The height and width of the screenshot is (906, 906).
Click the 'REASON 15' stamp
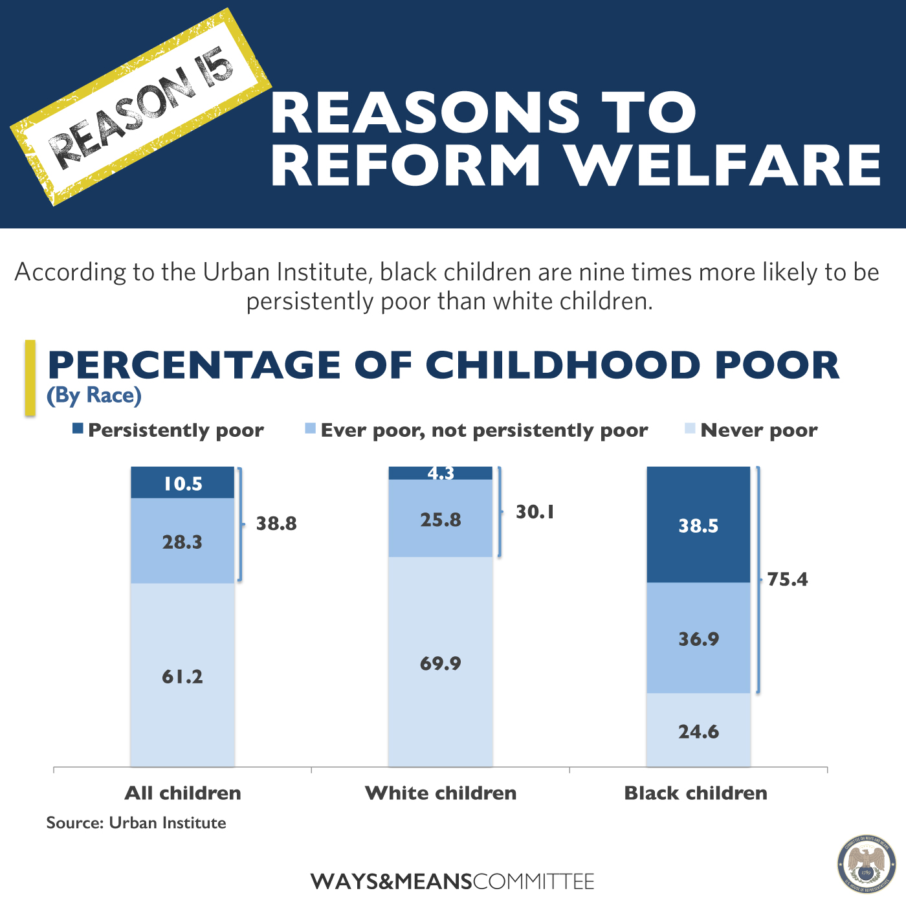pyautogui.click(x=141, y=107)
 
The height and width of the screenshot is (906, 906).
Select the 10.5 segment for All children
pyautogui.click(x=182, y=483)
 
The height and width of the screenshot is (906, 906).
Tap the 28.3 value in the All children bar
pyautogui.click(x=182, y=542)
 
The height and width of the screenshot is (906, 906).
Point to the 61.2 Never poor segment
pyautogui.click(x=182, y=676)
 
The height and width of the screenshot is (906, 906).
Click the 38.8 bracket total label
pyautogui.click(x=276, y=523)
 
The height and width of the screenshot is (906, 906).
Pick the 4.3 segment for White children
pyautogui.click(x=441, y=473)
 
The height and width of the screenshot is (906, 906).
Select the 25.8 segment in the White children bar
pyautogui.click(x=441, y=519)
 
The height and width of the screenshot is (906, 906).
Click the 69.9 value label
pyautogui.click(x=441, y=663)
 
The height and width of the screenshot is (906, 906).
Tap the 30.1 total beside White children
pyautogui.click(x=535, y=512)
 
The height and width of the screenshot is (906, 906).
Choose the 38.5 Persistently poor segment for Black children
pyautogui.click(x=698, y=525)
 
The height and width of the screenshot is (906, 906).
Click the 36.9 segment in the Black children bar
pyautogui.click(x=698, y=639)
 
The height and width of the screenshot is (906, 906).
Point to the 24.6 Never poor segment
pyautogui.click(x=698, y=731)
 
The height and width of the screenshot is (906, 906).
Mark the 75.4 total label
pyautogui.click(x=787, y=579)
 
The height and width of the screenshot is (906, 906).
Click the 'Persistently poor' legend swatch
pyautogui.click(x=78, y=428)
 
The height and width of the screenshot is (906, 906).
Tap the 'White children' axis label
pyautogui.click(x=441, y=793)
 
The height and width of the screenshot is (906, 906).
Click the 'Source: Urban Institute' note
pyautogui.click(x=137, y=823)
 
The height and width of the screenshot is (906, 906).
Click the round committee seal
pyautogui.click(x=867, y=864)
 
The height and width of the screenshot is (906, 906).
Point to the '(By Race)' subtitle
pyautogui.click(x=94, y=395)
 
